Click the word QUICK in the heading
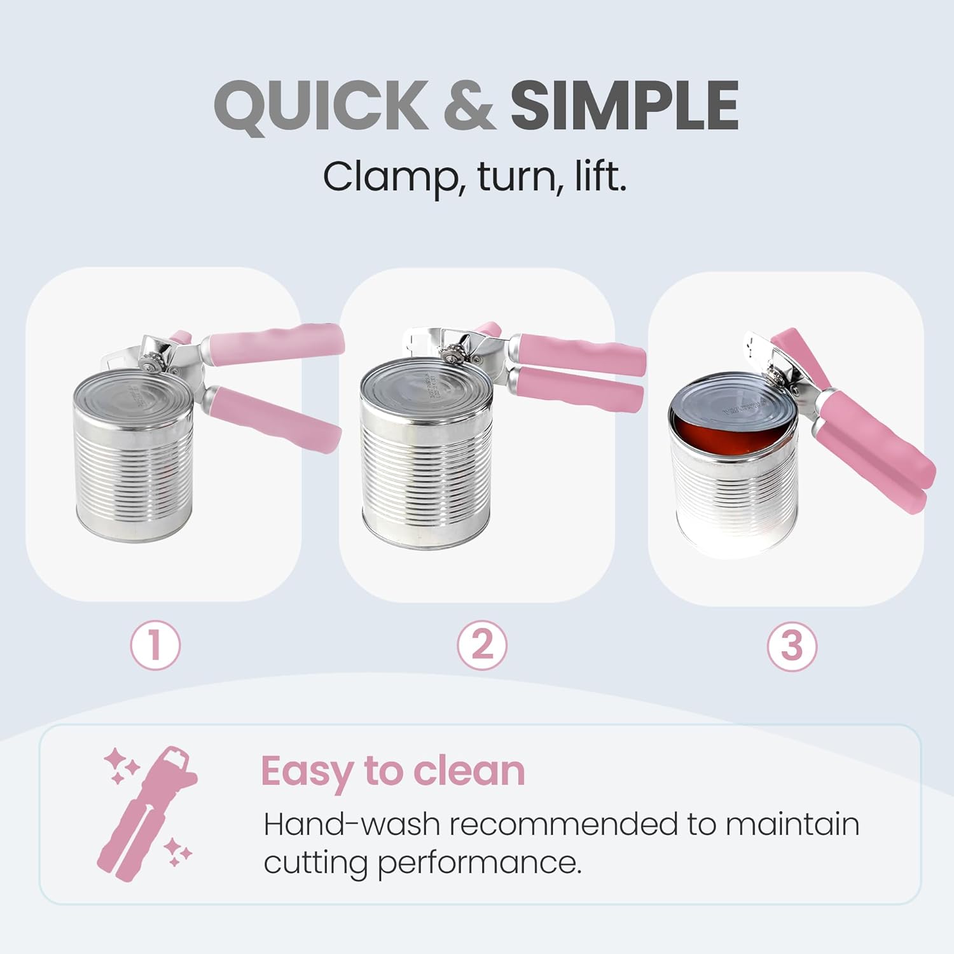click(x=321, y=106)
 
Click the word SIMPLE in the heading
click(x=624, y=106)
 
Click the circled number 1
click(x=155, y=645)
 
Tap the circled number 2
click(x=482, y=645)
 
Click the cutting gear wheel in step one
click(x=151, y=365)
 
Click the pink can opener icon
click(x=148, y=811)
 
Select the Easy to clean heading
click(x=392, y=771)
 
